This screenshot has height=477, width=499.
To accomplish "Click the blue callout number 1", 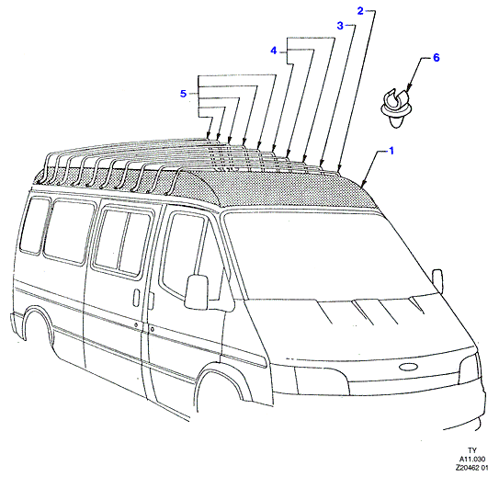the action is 391,151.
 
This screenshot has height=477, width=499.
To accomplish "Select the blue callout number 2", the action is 360,11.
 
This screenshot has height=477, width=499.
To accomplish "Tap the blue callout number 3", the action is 340,26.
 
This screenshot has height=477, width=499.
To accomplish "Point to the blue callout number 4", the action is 274,51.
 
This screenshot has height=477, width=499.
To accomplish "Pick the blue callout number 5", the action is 183,94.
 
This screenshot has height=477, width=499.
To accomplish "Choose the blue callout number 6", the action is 436,58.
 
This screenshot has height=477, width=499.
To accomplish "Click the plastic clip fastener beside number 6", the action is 395,109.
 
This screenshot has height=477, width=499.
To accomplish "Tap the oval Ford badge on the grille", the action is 408,367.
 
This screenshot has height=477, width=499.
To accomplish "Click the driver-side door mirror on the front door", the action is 197,292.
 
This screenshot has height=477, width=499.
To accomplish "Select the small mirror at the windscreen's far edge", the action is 437,280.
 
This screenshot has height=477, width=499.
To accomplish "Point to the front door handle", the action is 137,298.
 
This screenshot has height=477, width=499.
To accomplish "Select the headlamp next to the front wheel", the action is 322,381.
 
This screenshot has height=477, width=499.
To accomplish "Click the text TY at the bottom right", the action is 472,450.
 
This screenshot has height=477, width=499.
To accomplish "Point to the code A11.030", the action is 471,459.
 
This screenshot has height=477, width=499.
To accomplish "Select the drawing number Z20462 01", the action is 471,468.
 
